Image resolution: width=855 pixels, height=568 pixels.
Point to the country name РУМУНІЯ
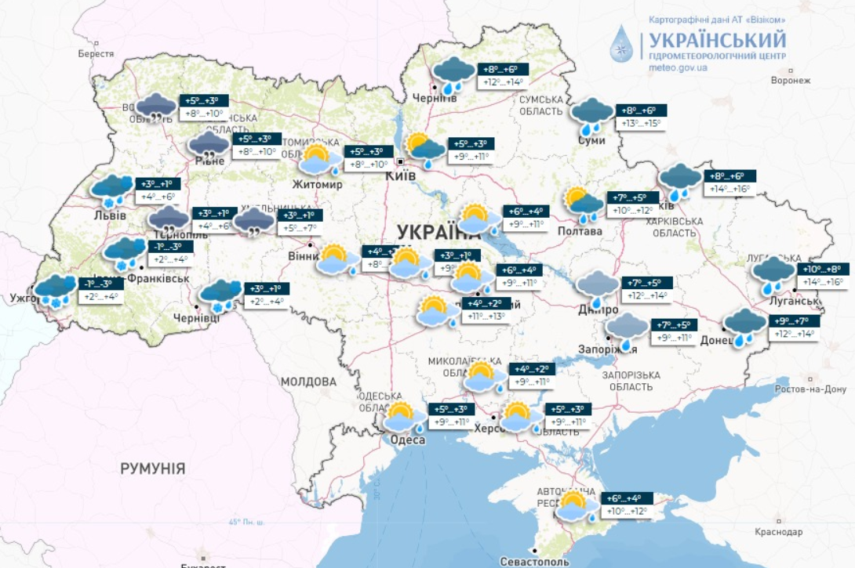tap(153, 469)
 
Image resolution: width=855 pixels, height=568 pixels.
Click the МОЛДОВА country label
tap(309, 382)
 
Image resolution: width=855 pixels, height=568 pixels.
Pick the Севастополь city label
tap(533, 561)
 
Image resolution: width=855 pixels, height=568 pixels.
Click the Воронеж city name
tap(790, 81)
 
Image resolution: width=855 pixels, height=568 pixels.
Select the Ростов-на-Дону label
tap(810, 389)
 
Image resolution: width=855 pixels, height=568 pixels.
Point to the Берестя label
tap(96, 54)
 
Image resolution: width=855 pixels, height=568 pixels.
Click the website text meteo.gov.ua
tap(679, 68)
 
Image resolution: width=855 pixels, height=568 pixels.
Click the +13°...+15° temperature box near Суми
tap(640, 124)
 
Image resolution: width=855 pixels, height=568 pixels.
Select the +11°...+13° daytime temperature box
tap(486, 317)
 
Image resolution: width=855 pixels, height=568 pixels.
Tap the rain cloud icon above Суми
tap(592, 114)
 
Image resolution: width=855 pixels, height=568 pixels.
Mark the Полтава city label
tap(580, 231)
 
